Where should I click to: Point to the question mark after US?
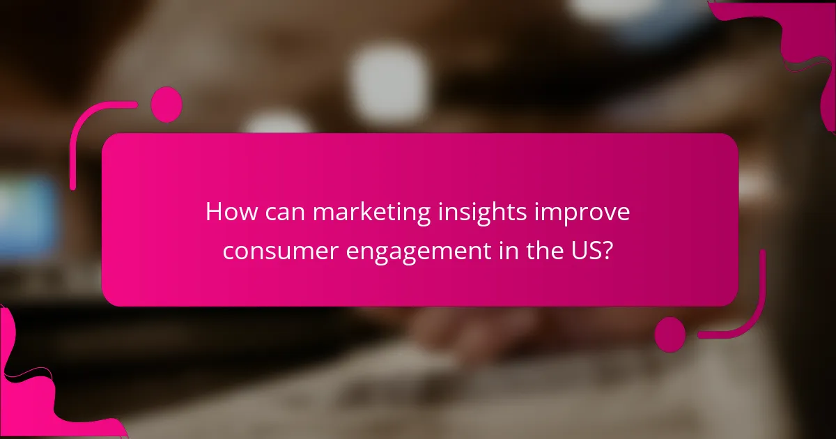[x=610, y=250]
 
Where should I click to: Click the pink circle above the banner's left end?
[x=166, y=105]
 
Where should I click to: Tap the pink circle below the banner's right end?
[x=670, y=334]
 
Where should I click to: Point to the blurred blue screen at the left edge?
[x=28, y=216]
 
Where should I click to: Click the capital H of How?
[x=213, y=213]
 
